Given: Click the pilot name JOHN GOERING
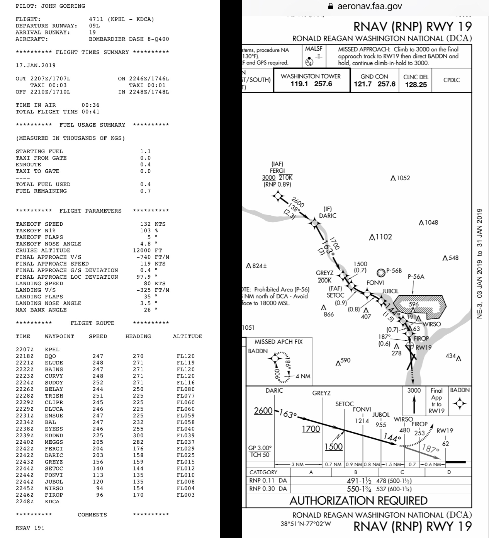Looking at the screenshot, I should [63, 6].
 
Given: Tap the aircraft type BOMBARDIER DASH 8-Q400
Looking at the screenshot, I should [129, 39].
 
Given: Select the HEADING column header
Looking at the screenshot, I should [138, 337].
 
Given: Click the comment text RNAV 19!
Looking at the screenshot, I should [30, 528].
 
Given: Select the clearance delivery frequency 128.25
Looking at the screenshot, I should [416, 85].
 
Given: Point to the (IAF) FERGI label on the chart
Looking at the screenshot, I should [277, 167].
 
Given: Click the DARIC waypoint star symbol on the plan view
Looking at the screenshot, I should [314, 223].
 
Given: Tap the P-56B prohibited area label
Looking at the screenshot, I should [394, 271].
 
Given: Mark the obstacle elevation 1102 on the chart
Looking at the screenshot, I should [384, 237].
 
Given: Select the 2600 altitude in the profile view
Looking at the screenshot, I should [263, 410].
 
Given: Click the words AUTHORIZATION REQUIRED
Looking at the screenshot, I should [358, 501].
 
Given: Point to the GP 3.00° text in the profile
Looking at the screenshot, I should [260, 448].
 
